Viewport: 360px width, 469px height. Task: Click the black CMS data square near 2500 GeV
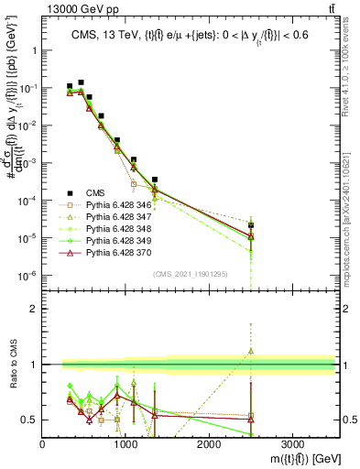pyautogui.click(x=251, y=225)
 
